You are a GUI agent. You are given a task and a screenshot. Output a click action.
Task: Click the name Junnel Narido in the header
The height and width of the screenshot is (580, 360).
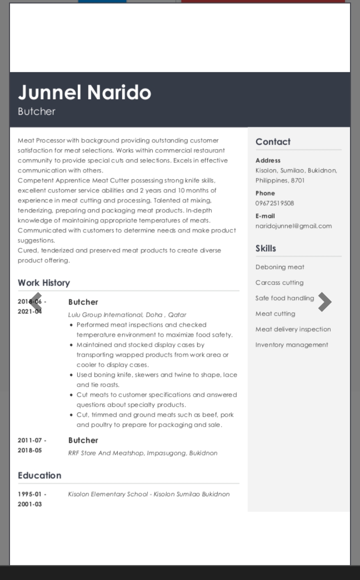tap(84, 92)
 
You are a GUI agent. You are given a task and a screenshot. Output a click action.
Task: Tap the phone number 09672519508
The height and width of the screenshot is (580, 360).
tap(275, 203)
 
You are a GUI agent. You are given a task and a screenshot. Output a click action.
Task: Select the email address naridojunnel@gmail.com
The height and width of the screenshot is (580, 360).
tap(293, 226)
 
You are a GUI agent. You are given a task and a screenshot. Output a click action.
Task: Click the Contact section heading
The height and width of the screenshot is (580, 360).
tap(273, 142)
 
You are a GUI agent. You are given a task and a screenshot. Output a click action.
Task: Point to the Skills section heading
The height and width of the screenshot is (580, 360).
tap(266, 248)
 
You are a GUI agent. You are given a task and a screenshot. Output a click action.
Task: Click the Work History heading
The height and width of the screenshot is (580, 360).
tap(44, 283)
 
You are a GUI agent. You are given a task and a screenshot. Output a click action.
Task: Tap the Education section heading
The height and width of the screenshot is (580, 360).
tap(39, 475)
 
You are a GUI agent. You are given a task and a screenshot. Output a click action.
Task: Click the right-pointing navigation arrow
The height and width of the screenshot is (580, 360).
tap(324, 302)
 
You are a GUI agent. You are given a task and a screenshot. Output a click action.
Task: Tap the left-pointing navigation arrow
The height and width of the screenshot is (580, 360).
tap(36, 302)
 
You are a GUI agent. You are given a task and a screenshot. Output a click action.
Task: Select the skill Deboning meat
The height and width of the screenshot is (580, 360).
tap(280, 267)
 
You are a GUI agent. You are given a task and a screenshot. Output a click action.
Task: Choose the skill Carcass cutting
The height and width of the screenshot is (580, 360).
tap(279, 283)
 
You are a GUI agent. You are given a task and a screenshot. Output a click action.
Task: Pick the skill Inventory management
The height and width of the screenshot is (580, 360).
tap(292, 345)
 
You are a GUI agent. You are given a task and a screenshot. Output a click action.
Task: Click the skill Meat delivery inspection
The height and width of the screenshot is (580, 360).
tap(293, 329)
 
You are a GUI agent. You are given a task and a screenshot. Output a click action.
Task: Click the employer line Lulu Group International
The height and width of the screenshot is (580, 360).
tap(127, 315)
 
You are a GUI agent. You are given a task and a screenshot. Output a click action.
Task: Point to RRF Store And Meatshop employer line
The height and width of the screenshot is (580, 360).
tap(143, 453)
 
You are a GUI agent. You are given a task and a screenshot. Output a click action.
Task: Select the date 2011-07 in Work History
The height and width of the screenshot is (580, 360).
tap(30, 440)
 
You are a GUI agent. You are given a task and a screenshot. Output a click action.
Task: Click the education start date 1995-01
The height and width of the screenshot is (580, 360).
tap(30, 494)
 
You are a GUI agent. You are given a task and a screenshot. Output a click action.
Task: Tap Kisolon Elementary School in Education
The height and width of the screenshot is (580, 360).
tap(108, 494)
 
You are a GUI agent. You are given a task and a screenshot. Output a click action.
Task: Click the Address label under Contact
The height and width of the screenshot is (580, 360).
tap(268, 160)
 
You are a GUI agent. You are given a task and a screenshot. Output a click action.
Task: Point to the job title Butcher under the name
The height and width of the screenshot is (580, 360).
tap(37, 111)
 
